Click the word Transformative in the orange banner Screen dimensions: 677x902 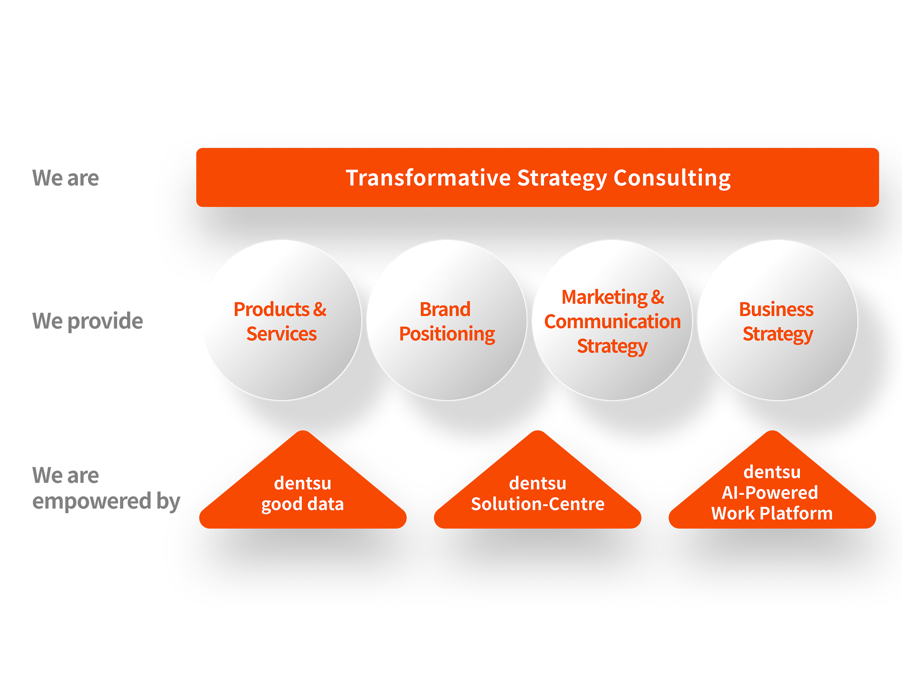[x=428, y=178]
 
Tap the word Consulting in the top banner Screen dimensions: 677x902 [x=672, y=178]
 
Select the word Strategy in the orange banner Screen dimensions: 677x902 [x=562, y=179]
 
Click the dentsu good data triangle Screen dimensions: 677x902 [x=303, y=494]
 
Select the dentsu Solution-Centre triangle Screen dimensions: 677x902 [x=537, y=494]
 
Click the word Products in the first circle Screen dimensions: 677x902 [x=272, y=309]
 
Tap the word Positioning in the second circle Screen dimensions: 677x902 [x=447, y=334]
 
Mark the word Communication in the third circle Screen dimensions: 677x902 [x=612, y=322]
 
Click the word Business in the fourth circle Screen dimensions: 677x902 [x=776, y=309]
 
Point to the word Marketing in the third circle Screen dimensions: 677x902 [x=604, y=297]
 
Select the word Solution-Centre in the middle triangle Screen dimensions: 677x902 [x=537, y=504]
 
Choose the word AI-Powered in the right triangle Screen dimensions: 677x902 [x=770, y=493]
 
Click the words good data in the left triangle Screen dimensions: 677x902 [x=303, y=504]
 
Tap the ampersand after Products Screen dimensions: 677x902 [x=320, y=309]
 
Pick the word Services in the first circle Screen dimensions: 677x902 [x=282, y=334]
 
